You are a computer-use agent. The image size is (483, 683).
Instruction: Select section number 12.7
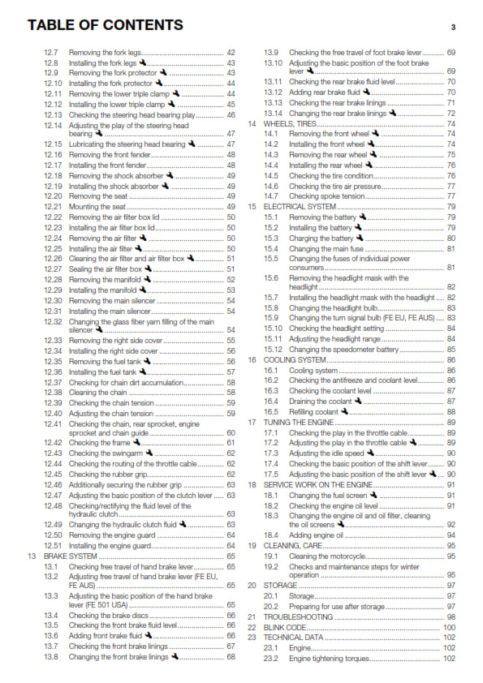pos(51,52)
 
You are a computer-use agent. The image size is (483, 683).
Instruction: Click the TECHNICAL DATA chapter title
pos(292,638)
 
